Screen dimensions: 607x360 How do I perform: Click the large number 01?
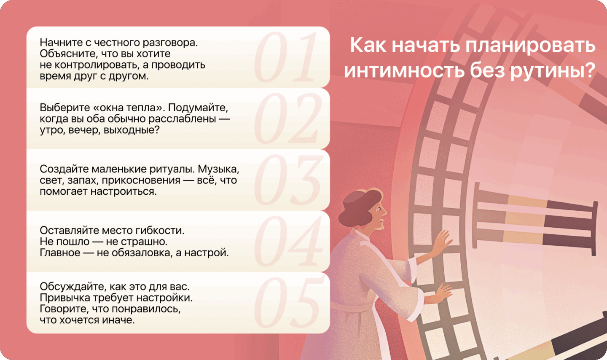click(285, 57)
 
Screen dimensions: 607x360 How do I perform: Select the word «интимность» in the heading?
click(405, 70)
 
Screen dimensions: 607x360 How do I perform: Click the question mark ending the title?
click(588, 70)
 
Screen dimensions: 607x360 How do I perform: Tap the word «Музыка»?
click(218, 169)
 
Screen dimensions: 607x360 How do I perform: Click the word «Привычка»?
click(65, 298)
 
